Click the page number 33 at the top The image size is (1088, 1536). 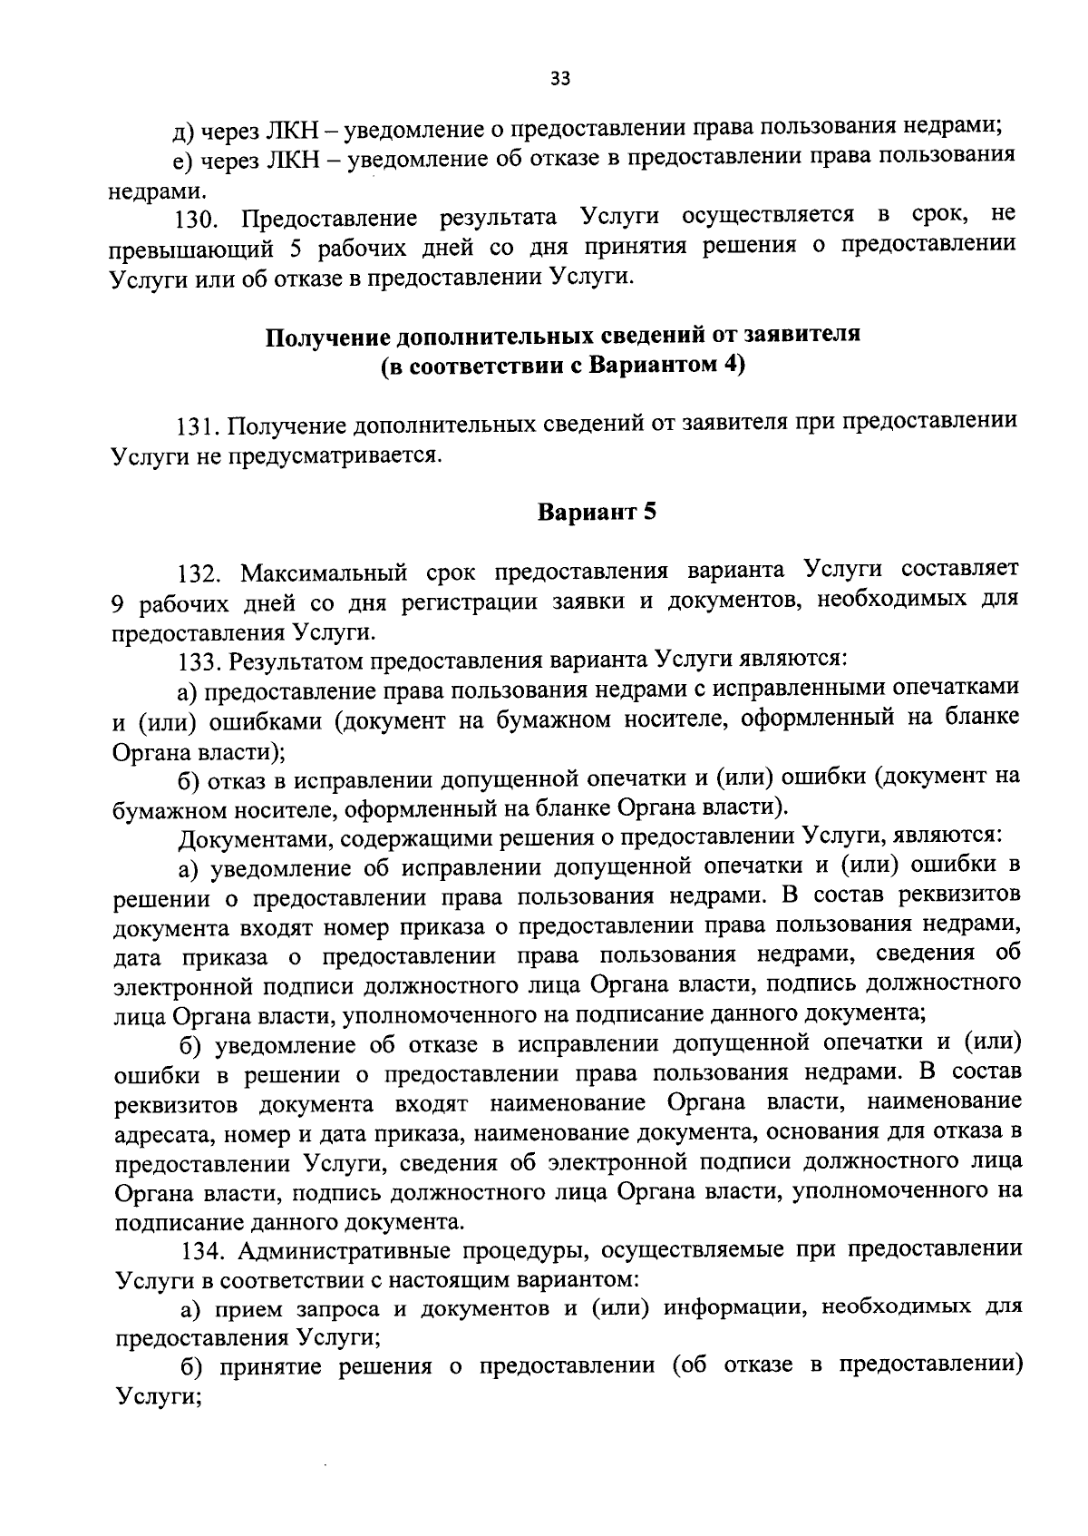559,79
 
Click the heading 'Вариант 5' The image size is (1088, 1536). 597,513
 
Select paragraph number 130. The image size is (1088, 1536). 193,219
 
